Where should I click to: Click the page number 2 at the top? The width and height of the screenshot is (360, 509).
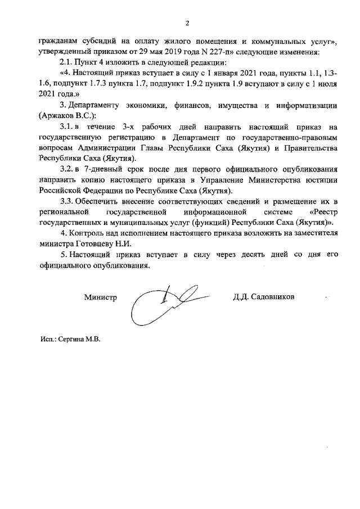coord(187,23)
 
